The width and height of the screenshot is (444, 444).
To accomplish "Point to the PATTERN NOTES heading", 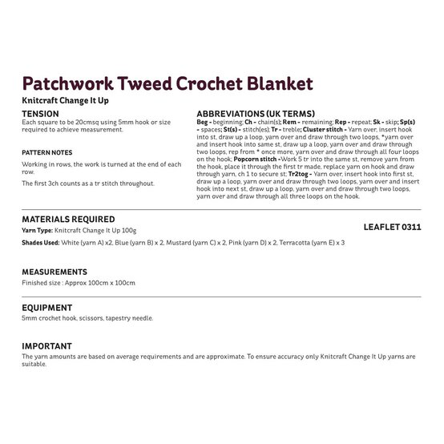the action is coord(46,151).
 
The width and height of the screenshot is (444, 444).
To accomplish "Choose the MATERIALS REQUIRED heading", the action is coord(69,219).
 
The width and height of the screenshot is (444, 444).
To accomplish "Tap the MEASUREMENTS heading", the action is coord(55,272).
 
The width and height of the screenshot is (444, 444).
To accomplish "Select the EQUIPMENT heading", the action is coord(48,307).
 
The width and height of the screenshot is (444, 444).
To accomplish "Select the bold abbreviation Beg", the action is coord(202,123).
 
